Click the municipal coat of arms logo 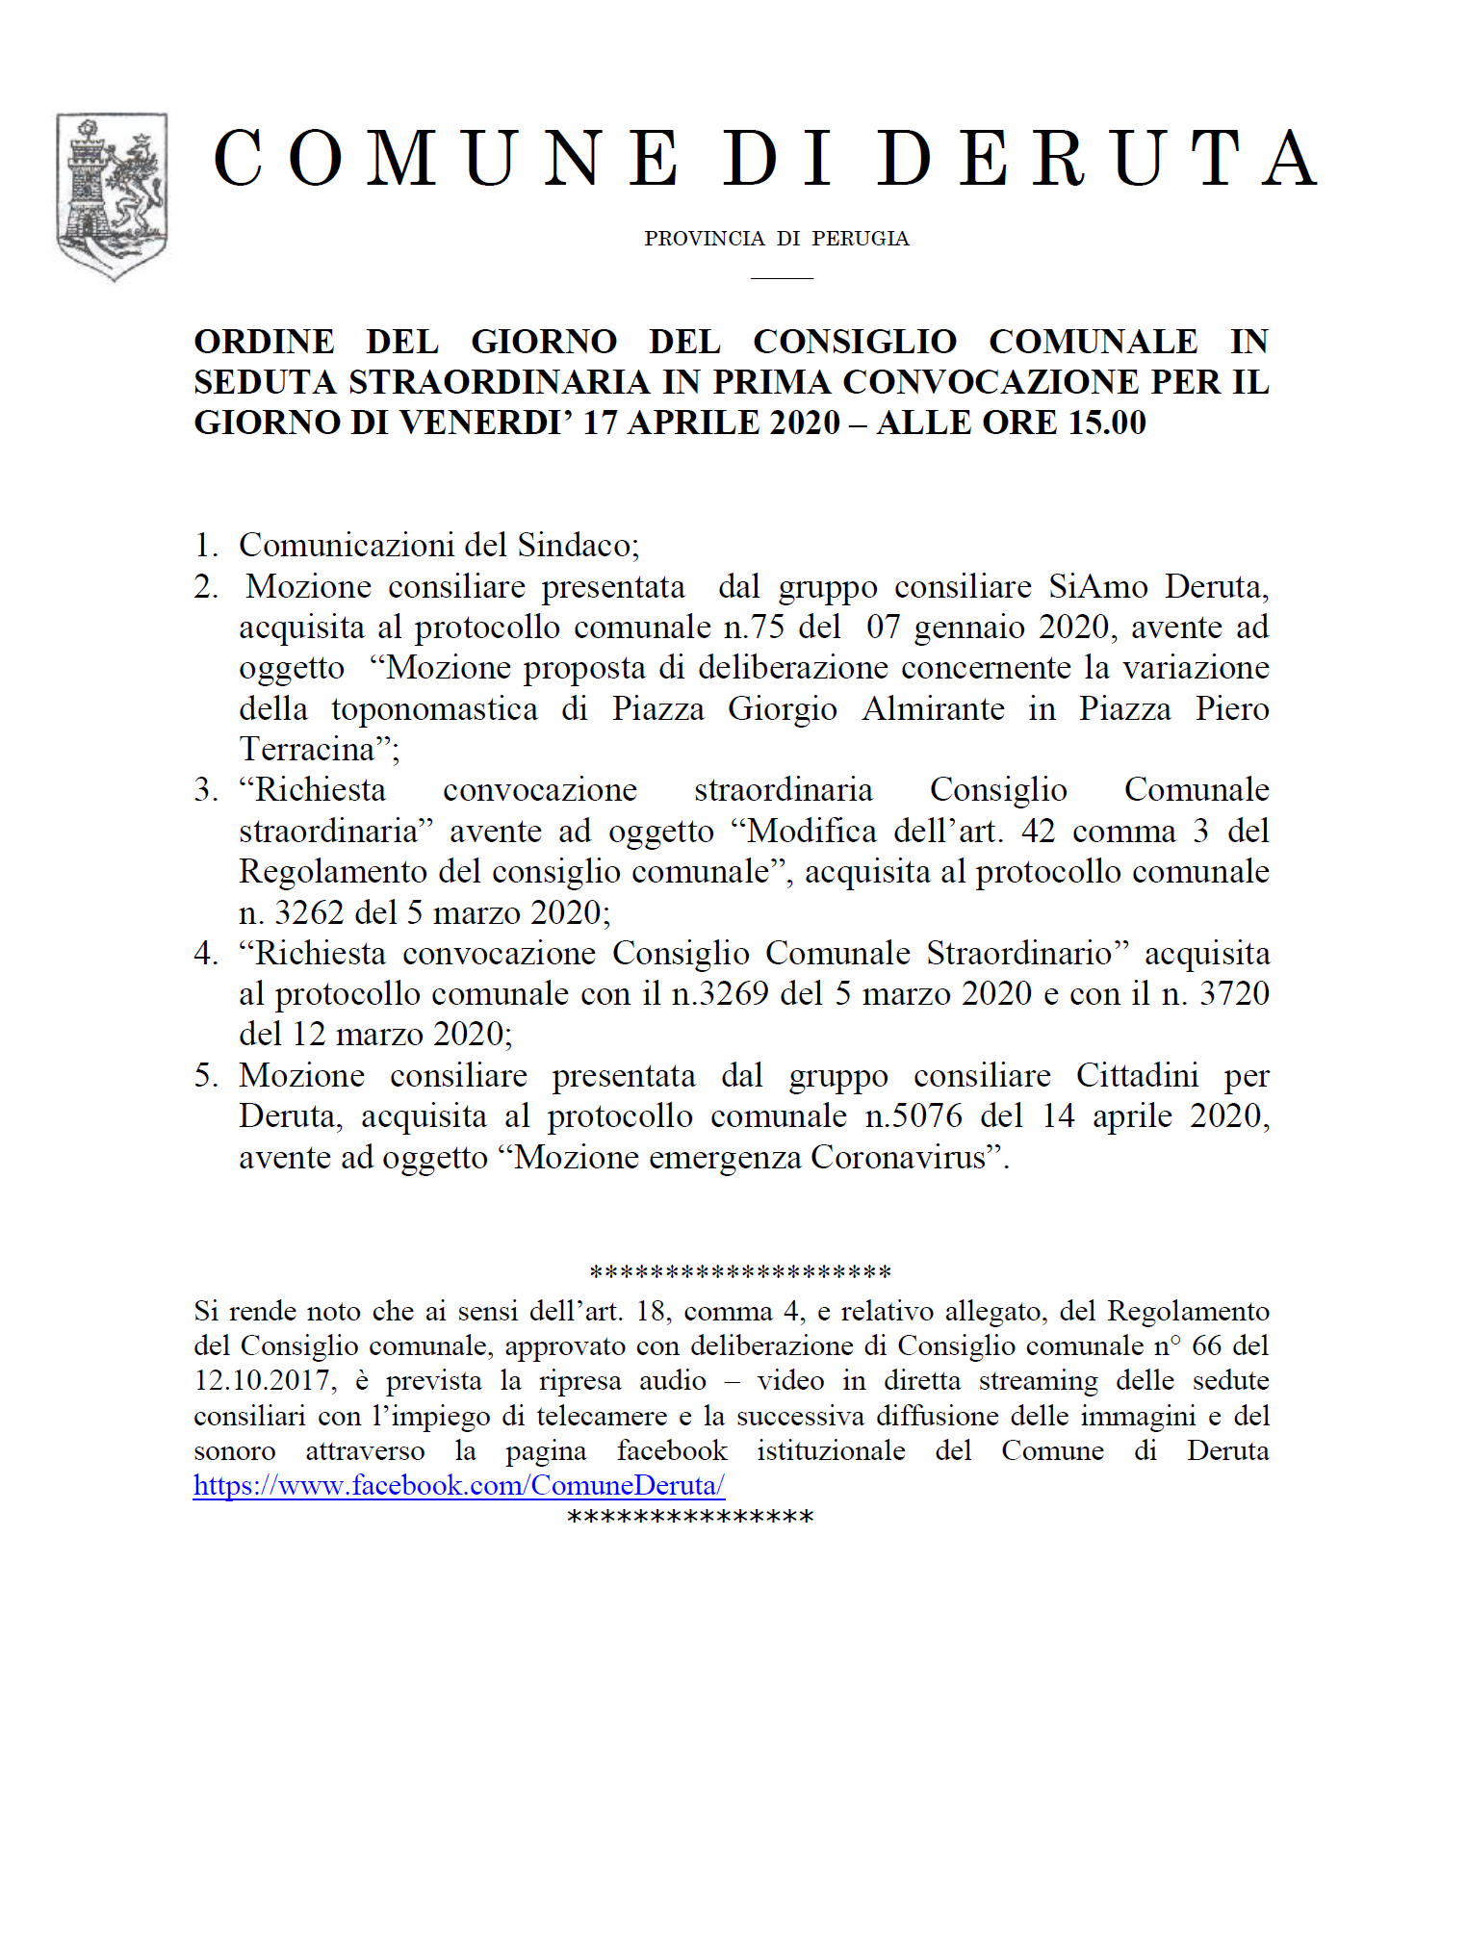(x=112, y=196)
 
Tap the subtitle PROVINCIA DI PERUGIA (x=776, y=239)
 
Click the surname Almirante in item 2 (x=933, y=708)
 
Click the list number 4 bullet (x=205, y=953)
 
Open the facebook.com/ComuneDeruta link (x=458, y=1485)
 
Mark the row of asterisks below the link (x=690, y=1519)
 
